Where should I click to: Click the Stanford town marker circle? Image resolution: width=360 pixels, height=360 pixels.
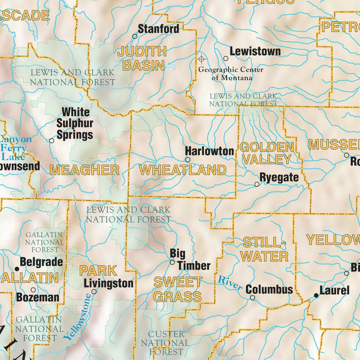click(x=135, y=36)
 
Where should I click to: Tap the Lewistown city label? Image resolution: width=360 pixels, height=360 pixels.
click(x=255, y=51)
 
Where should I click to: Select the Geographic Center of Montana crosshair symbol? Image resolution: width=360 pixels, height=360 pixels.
click(x=201, y=59)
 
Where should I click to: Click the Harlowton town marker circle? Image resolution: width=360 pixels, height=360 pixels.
click(x=188, y=160)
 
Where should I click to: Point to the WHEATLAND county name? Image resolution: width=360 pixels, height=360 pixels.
click(x=183, y=170)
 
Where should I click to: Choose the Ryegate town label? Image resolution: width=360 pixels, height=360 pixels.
click(x=279, y=177)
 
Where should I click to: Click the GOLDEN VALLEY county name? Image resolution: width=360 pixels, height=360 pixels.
click(x=267, y=153)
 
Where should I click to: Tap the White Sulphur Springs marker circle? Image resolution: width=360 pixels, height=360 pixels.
click(x=52, y=141)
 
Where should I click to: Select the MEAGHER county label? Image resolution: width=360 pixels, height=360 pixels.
click(x=85, y=170)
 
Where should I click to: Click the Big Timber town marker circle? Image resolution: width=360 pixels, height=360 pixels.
click(x=172, y=262)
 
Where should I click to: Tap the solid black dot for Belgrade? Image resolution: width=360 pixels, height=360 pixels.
click(x=17, y=269)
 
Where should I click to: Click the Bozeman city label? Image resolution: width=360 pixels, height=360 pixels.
click(x=38, y=297)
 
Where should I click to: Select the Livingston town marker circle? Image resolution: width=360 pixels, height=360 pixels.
click(x=94, y=291)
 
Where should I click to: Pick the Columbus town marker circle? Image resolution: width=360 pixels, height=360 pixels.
click(x=253, y=298)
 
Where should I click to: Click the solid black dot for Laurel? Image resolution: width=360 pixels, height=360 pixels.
click(x=316, y=296)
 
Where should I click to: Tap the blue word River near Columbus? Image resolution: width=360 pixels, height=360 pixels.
click(x=230, y=283)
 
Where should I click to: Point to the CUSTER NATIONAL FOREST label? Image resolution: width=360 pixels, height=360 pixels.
click(x=165, y=343)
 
